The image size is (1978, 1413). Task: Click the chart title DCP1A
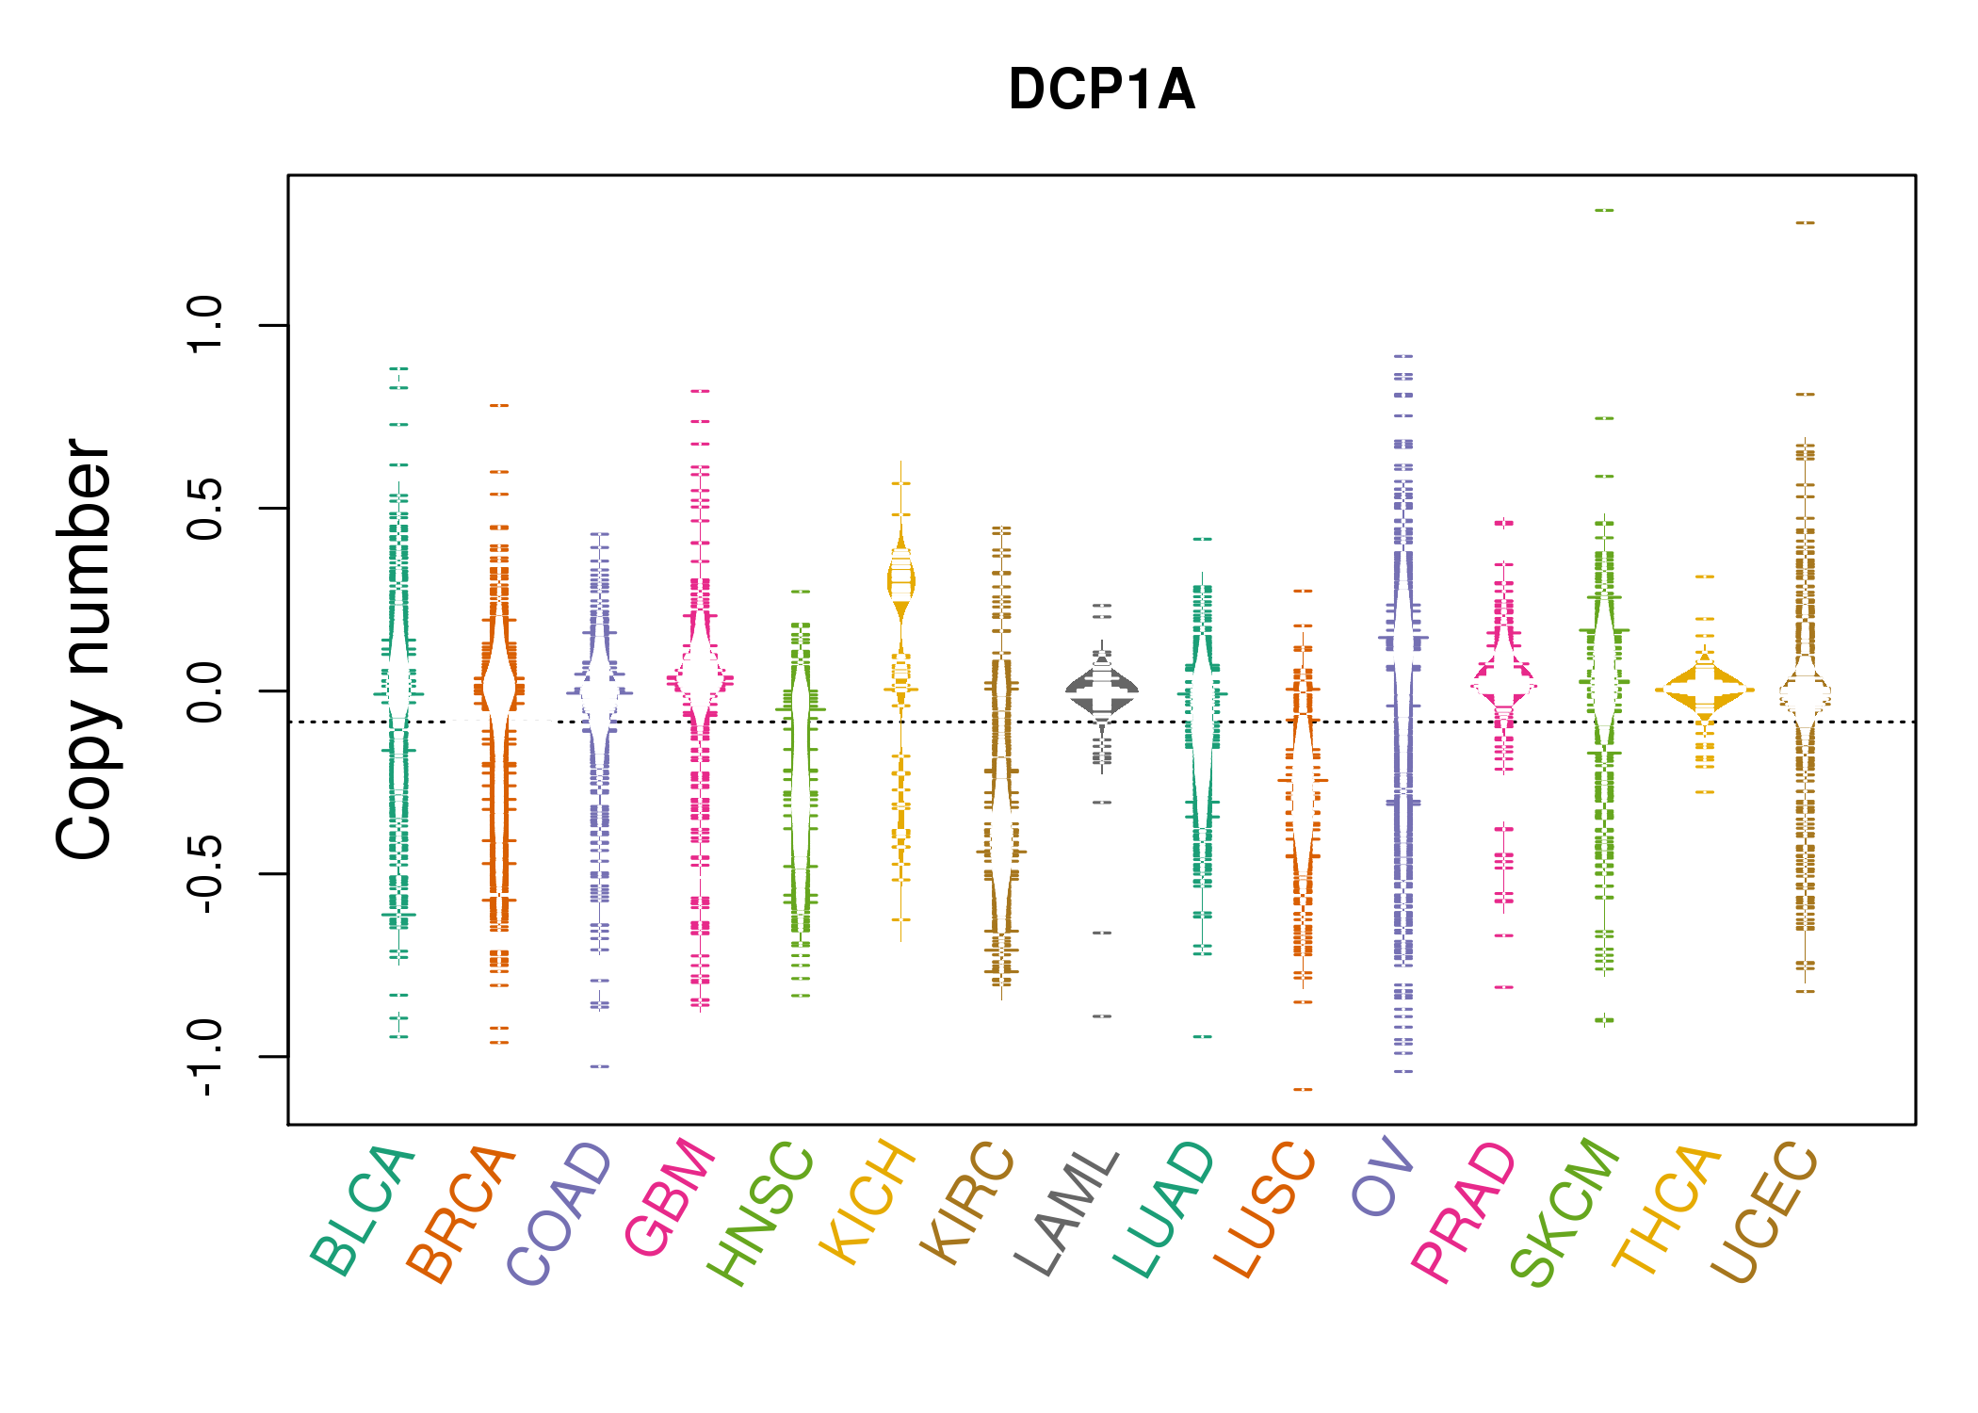point(1101,89)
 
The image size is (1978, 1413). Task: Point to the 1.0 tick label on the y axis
point(205,325)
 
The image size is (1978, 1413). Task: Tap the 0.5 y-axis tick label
point(205,508)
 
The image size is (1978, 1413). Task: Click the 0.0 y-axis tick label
point(205,690)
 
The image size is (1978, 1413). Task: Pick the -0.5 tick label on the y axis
point(205,872)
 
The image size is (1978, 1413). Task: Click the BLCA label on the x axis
point(362,1210)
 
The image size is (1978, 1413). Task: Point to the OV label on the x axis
point(1384,1177)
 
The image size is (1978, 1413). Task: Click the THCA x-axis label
point(1666,1210)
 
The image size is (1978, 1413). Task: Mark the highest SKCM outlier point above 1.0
point(1604,210)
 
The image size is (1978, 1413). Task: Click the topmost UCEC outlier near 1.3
point(1805,223)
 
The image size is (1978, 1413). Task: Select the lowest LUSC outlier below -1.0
point(1303,1090)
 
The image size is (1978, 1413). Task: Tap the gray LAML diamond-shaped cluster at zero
point(1102,690)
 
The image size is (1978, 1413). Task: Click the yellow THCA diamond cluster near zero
point(1705,690)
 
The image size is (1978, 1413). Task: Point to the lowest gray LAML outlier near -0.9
point(1102,1016)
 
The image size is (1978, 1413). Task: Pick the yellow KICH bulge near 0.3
point(901,579)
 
